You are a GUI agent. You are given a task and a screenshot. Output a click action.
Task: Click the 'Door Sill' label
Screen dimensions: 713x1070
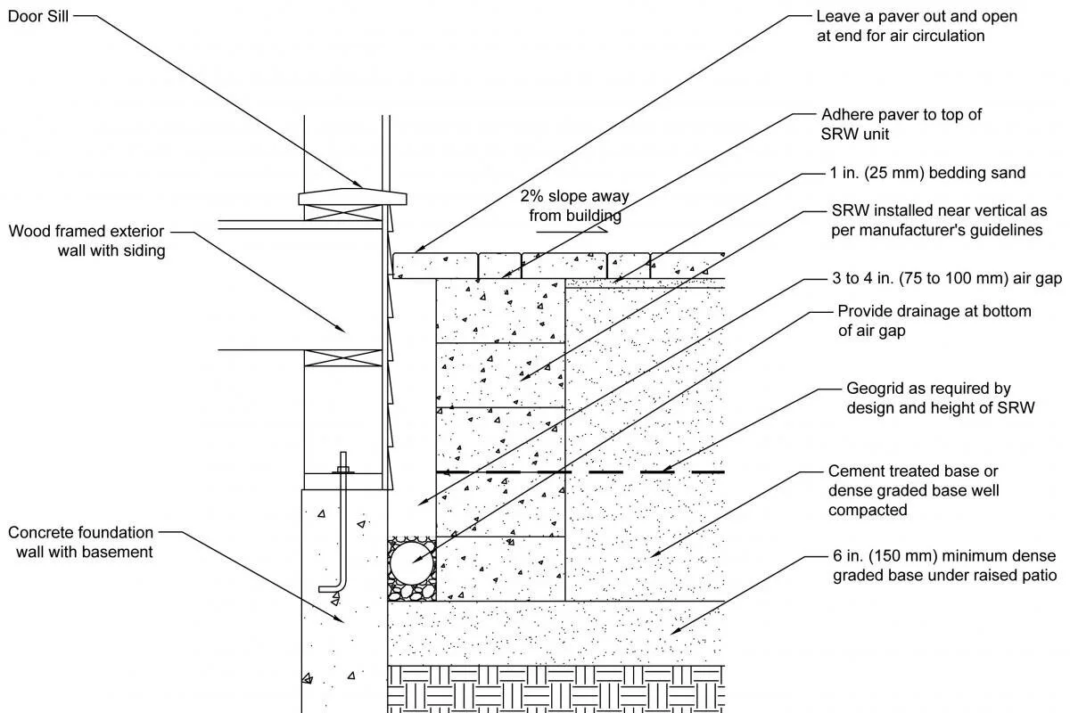(38, 17)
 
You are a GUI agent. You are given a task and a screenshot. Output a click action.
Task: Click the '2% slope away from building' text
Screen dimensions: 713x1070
(575, 206)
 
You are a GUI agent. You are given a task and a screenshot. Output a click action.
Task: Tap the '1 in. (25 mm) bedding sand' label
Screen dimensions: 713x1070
(927, 173)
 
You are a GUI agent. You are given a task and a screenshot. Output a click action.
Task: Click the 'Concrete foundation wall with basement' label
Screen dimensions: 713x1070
(81, 542)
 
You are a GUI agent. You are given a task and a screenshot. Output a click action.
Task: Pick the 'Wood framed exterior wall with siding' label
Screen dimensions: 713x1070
(86, 241)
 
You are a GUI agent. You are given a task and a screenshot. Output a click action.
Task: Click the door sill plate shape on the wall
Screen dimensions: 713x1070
(352, 194)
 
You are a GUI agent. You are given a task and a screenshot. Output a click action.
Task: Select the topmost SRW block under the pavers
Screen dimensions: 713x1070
(500, 310)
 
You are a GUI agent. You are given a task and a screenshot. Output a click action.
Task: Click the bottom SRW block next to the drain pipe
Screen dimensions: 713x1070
(500, 569)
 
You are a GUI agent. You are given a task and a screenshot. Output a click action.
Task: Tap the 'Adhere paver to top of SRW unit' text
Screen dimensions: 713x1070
(901, 124)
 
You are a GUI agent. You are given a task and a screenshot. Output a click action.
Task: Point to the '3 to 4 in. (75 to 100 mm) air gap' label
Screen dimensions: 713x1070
(945, 279)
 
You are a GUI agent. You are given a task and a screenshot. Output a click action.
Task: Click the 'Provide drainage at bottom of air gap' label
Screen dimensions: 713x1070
(934, 321)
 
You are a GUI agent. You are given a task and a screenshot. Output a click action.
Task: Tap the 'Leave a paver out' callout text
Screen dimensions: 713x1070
(916, 26)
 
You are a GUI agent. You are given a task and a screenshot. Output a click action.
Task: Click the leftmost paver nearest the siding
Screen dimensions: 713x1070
(434, 265)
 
